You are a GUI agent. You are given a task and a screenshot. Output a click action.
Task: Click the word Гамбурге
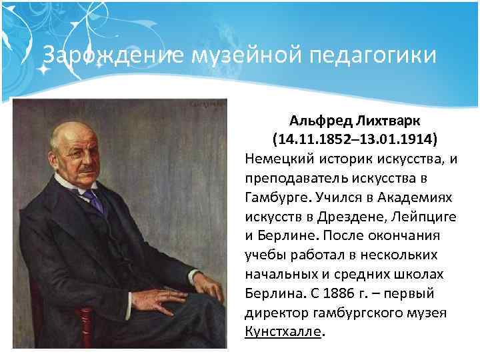[x=273, y=198]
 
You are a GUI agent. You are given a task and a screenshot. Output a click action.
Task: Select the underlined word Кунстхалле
[x=283, y=332]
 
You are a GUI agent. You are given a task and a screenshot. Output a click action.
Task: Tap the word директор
[x=274, y=313]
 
